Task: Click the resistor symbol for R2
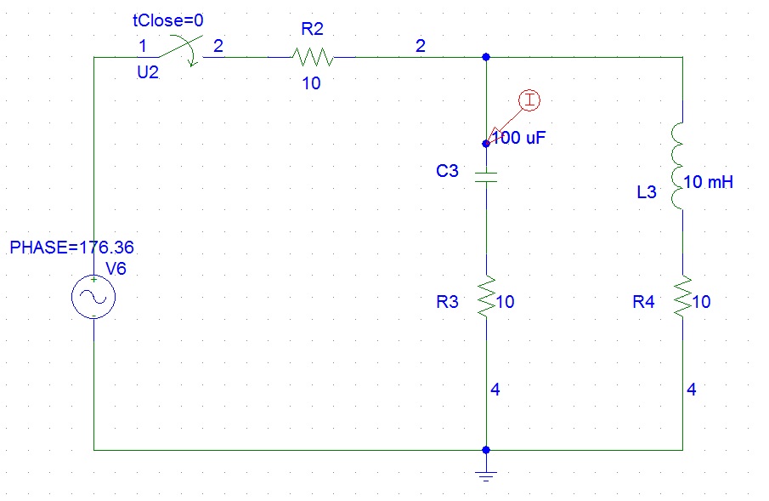[x=312, y=58]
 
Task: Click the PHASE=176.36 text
[x=71, y=249]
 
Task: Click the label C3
[x=447, y=171]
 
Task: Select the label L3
[x=647, y=192]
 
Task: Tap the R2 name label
[x=312, y=29]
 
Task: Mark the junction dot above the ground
[x=485, y=449]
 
